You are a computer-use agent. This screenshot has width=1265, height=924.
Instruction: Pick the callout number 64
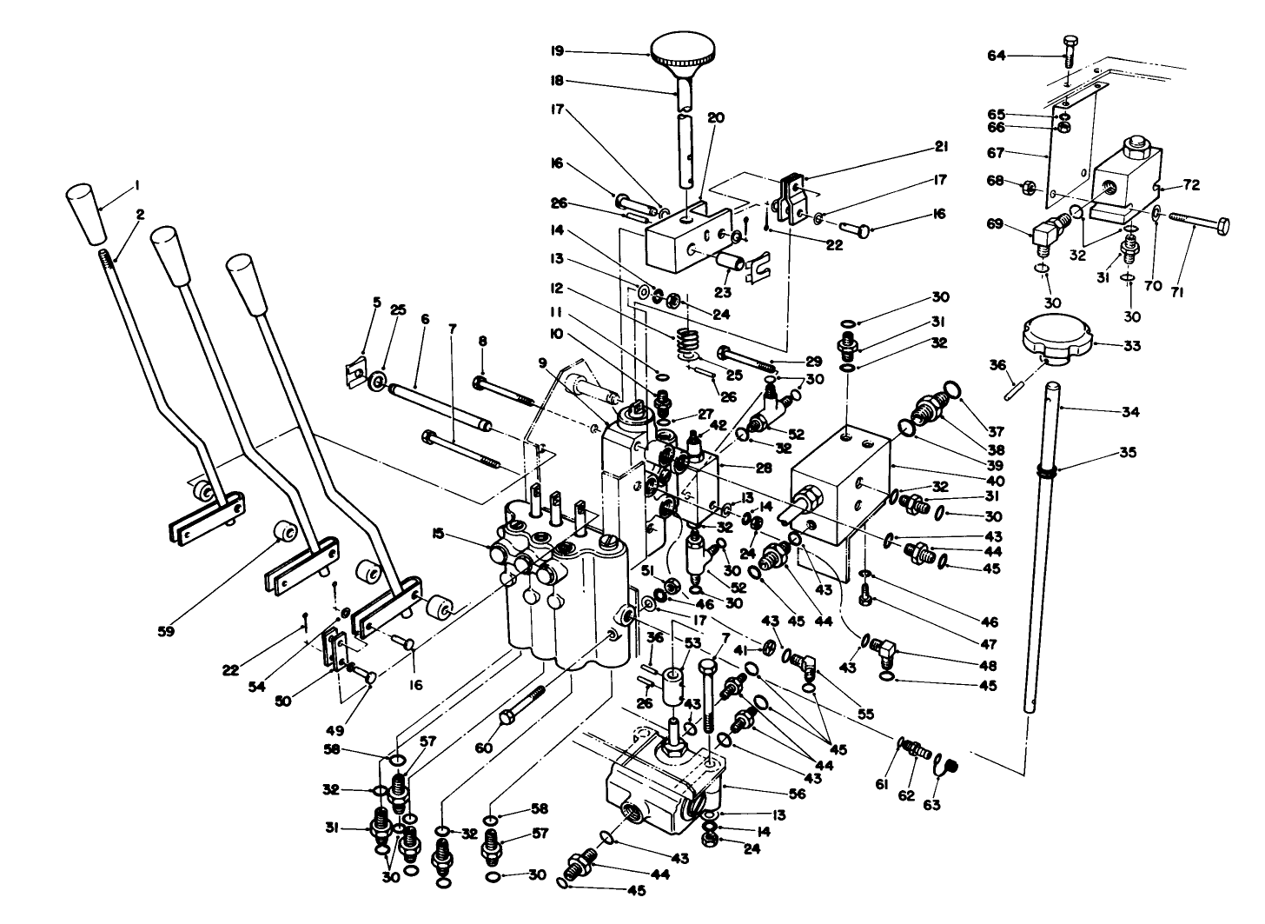click(x=996, y=57)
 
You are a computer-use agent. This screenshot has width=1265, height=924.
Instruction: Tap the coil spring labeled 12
click(x=688, y=339)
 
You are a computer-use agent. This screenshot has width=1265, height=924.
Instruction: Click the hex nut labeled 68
click(x=1024, y=186)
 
